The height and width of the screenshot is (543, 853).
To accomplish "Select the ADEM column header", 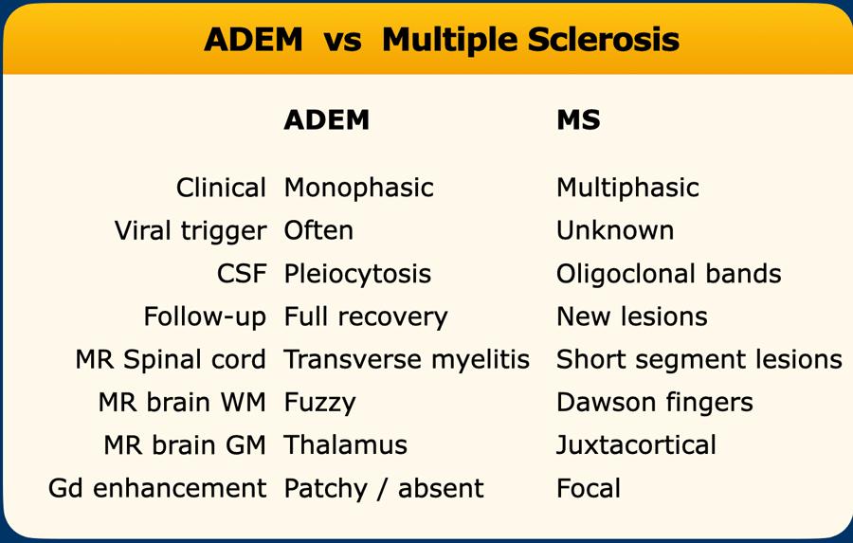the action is click(x=326, y=119).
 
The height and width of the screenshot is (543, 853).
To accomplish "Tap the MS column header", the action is click(x=578, y=119).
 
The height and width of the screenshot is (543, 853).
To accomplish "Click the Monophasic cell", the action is click(x=359, y=189).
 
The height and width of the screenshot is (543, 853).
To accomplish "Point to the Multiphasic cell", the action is click(x=627, y=189).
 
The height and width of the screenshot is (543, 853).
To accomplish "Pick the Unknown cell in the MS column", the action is click(x=615, y=230).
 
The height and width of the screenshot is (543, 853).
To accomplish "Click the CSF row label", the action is click(x=242, y=274).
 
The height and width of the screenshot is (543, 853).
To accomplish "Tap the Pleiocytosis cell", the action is click(x=358, y=275).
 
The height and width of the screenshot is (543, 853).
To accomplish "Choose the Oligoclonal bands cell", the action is click(x=669, y=275).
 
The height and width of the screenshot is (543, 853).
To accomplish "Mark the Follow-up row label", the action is click(x=205, y=317).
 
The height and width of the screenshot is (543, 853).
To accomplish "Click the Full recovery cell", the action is click(x=366, y=317).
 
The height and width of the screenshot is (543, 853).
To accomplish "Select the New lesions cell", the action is click(x=632, y=317).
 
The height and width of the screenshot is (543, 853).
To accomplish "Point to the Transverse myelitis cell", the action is click(x=407, y=361).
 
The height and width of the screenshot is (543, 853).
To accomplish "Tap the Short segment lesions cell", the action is click(x=699, y=361).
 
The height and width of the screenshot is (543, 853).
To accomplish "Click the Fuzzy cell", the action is click(x=320, y=404).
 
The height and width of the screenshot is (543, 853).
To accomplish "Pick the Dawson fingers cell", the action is click(x=655, y=404).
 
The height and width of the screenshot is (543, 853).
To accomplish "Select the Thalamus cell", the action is click(x=346, y=445).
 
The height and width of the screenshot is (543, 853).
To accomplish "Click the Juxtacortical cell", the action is click(x=637, y=445).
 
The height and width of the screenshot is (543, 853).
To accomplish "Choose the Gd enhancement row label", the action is click(x=157, y=488).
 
